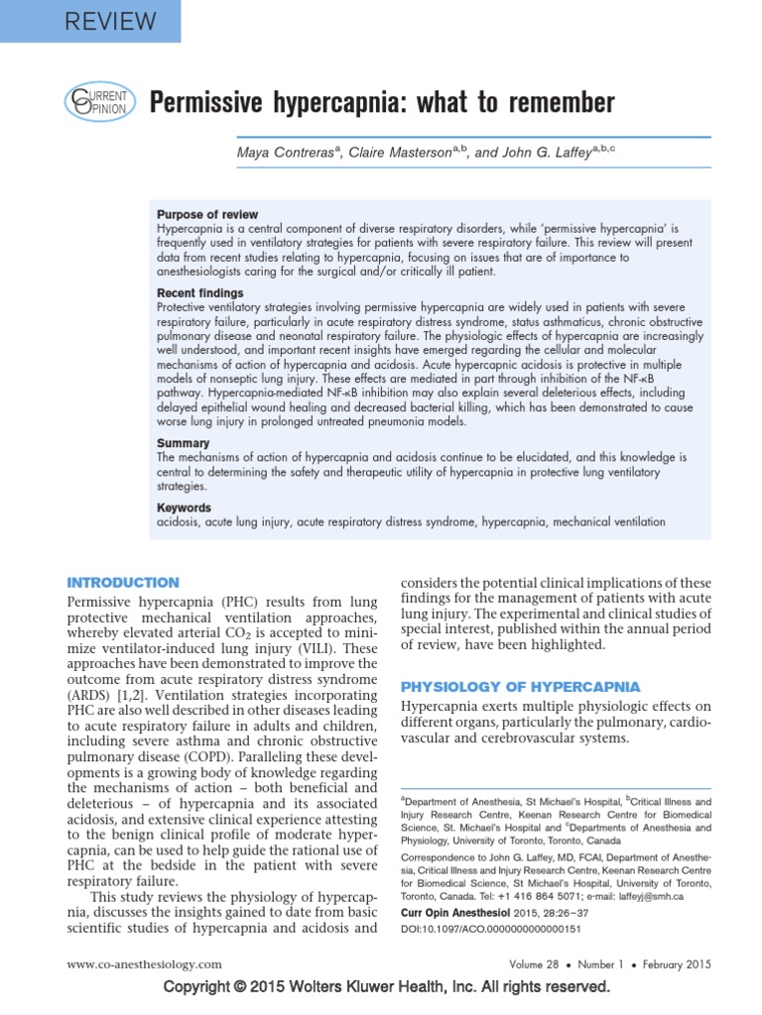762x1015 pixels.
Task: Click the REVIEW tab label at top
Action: pos(91,21)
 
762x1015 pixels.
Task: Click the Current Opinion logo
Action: pos(96,103)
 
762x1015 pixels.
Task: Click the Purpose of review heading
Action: pos(207,214)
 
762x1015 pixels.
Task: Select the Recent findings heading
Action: pos(199,293)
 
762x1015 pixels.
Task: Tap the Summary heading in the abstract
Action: pos(184,443)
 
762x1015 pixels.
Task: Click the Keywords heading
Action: pos(185,507)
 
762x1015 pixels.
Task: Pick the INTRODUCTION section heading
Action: pos(122,583)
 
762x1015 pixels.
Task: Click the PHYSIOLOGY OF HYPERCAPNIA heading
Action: pos(519,686)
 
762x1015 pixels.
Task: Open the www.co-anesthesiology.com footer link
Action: pos(143,963)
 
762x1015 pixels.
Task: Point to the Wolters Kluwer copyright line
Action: pos(385,987)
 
